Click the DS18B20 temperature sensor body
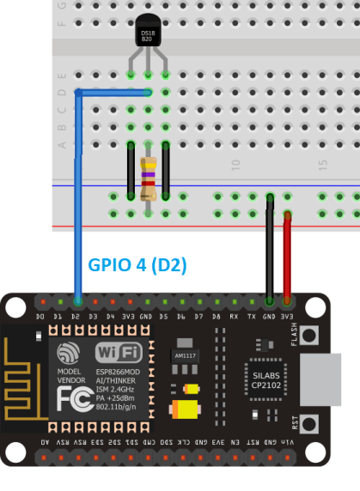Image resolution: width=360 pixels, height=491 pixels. tap(148, 37)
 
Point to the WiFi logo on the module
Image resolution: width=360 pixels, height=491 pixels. tap(119, 352)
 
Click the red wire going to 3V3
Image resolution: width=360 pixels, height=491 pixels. tap(287, 258)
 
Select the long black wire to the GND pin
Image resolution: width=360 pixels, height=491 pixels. tap(270, 253)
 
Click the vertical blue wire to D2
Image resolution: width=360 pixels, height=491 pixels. tap(77, 197)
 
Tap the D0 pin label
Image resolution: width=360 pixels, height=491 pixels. tap(40, 317)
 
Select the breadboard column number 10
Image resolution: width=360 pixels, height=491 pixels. tap(235, 163)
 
